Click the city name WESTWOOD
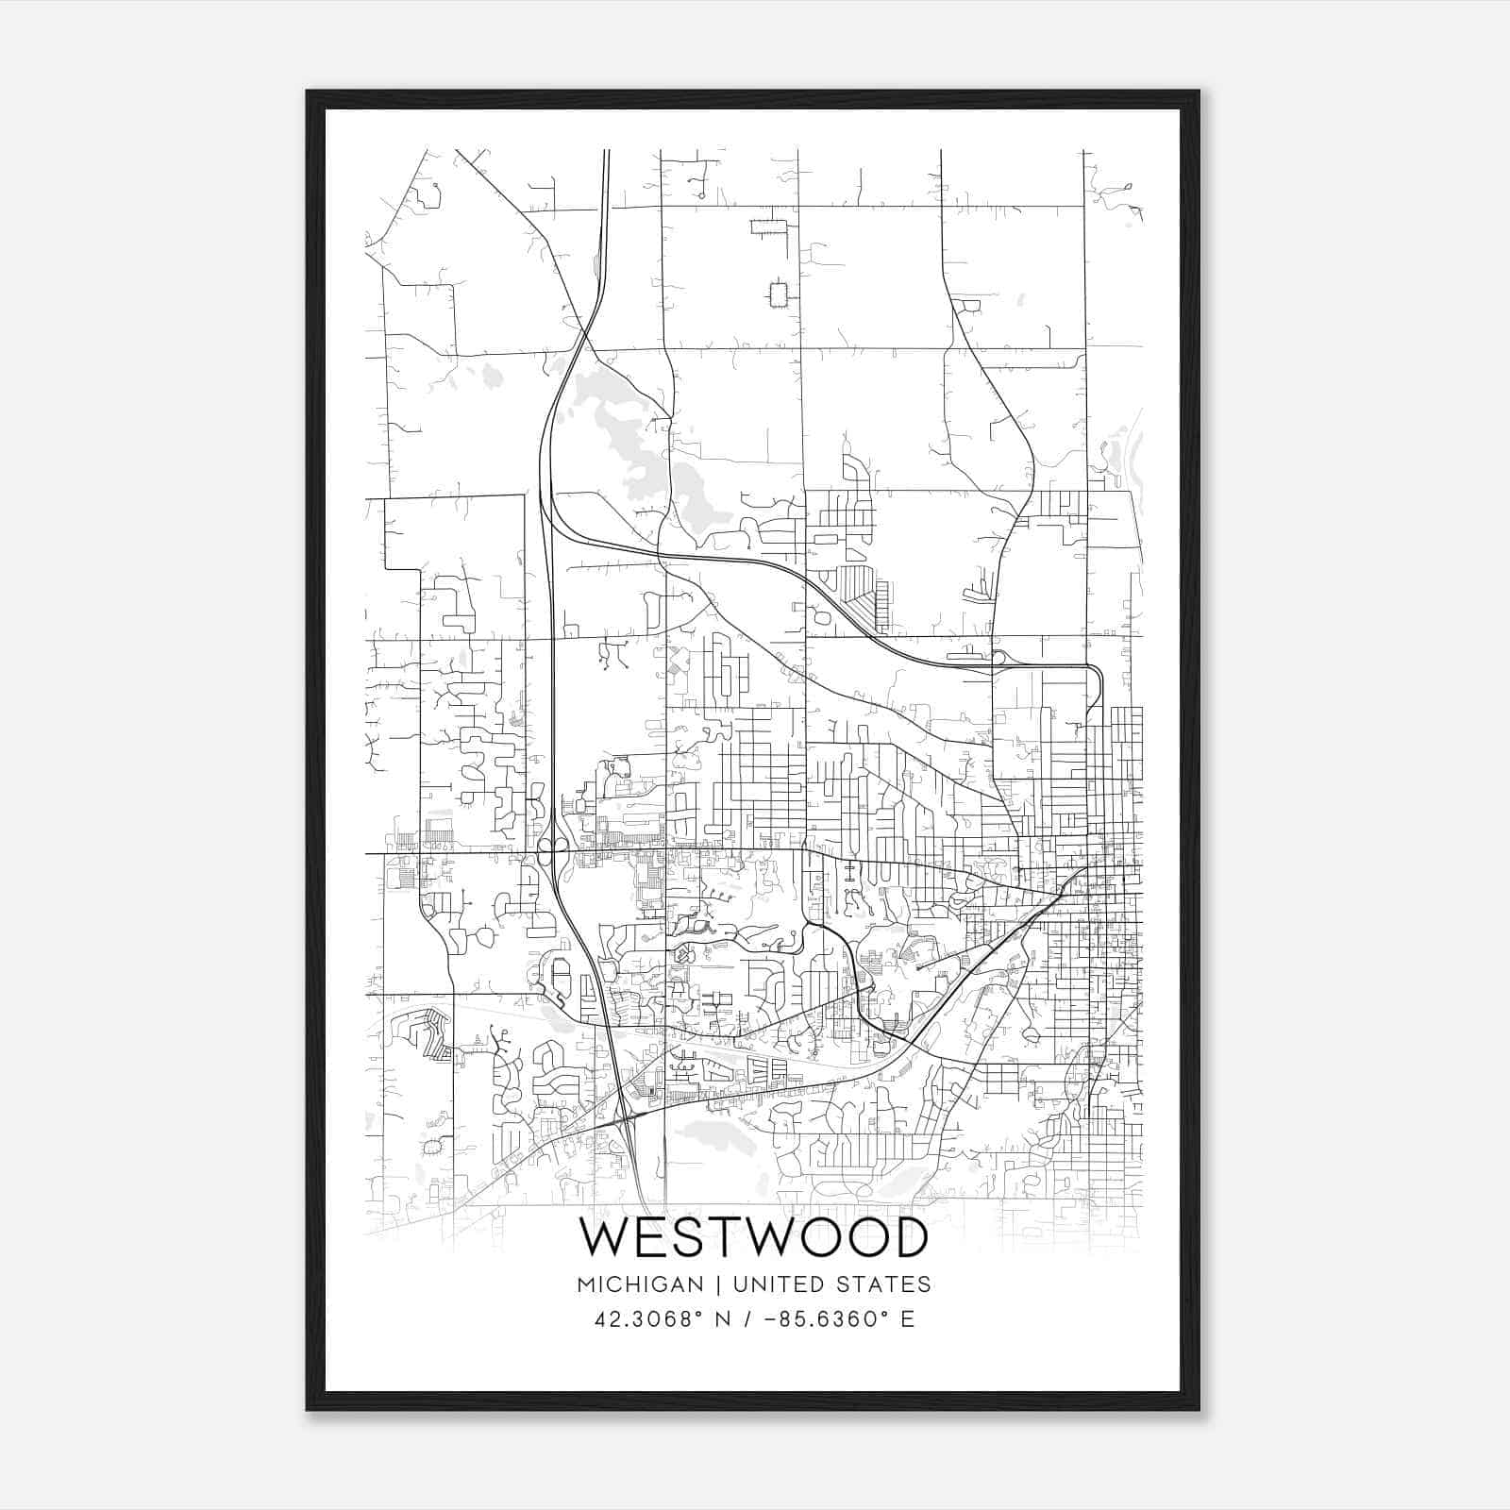[x=753, y=1237]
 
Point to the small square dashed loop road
[x=778, y=294]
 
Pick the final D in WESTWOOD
[x=908, y=1237]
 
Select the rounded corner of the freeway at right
[x=1098, y=671]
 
